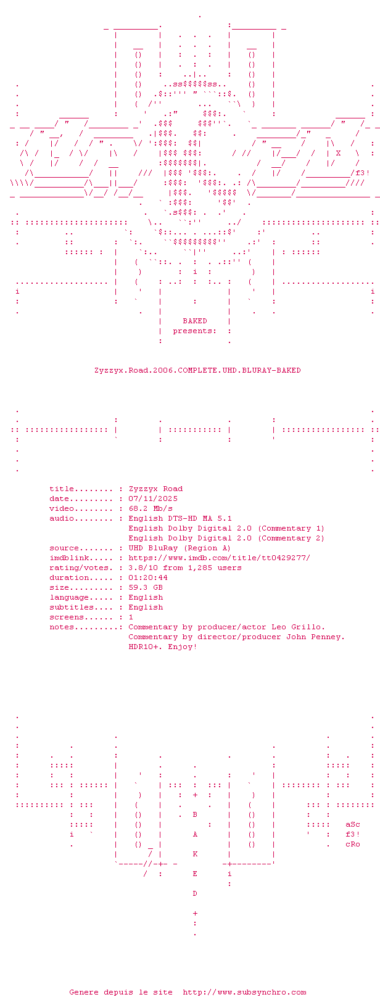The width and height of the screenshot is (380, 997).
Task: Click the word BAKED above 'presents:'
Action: click(x=195, y=321)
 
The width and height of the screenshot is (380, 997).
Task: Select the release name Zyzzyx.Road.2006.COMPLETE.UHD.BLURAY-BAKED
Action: click(x=197, y=370)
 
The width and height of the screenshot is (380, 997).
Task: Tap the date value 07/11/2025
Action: click(x=153, y=499)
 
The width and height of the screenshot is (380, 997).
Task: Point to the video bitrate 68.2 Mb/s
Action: click(x=151, y=508)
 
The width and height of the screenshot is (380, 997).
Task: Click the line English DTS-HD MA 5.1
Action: click(x=180, y=518)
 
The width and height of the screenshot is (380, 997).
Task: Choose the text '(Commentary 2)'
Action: click(x=291, y=538)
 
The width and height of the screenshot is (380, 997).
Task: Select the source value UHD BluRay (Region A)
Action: click(x=180, y=548)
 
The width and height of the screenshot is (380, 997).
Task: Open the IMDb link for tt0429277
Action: click(x=220, y=558)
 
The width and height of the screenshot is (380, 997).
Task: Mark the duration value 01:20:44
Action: click(x=148, y=577)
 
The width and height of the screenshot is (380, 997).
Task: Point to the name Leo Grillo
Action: click(x=298, y=627)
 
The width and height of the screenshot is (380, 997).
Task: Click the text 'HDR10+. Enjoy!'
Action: click(x=163, y=647)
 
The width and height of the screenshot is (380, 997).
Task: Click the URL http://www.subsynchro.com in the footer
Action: click(x=245, y=991)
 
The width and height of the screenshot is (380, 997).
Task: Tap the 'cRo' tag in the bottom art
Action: click(x=352, y=845)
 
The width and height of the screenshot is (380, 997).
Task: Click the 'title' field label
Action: click(x=62, y=489)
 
